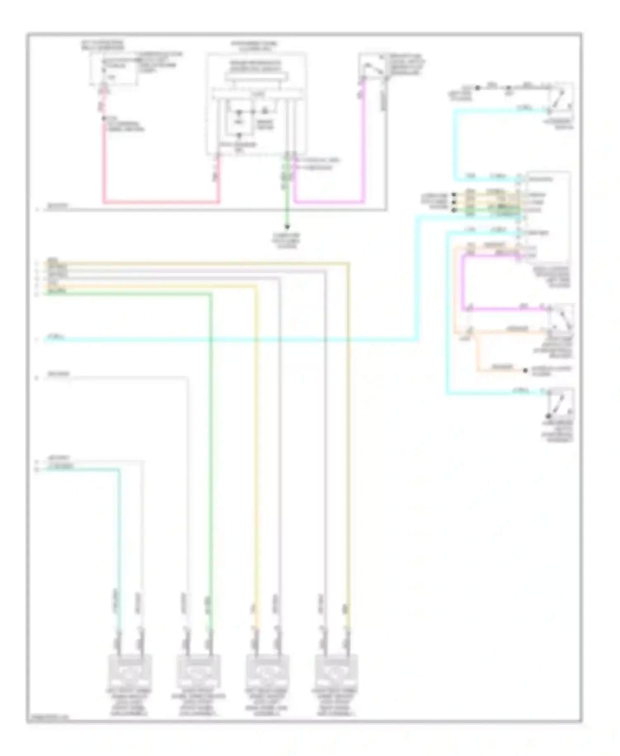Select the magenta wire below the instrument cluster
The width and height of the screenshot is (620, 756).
[331, 202]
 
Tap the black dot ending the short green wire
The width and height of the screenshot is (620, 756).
[287, 227]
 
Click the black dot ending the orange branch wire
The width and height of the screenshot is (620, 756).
[525, 371]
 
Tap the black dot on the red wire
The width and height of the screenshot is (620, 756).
[104, 119]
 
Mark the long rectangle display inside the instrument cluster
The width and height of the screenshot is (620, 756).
[256, 77]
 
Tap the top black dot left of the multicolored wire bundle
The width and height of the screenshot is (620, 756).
[454, 194]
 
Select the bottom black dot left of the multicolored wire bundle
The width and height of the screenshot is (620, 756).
[454, 210]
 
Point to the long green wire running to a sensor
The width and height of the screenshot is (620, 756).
[210, 455]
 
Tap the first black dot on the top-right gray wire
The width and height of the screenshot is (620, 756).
[477, 88]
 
